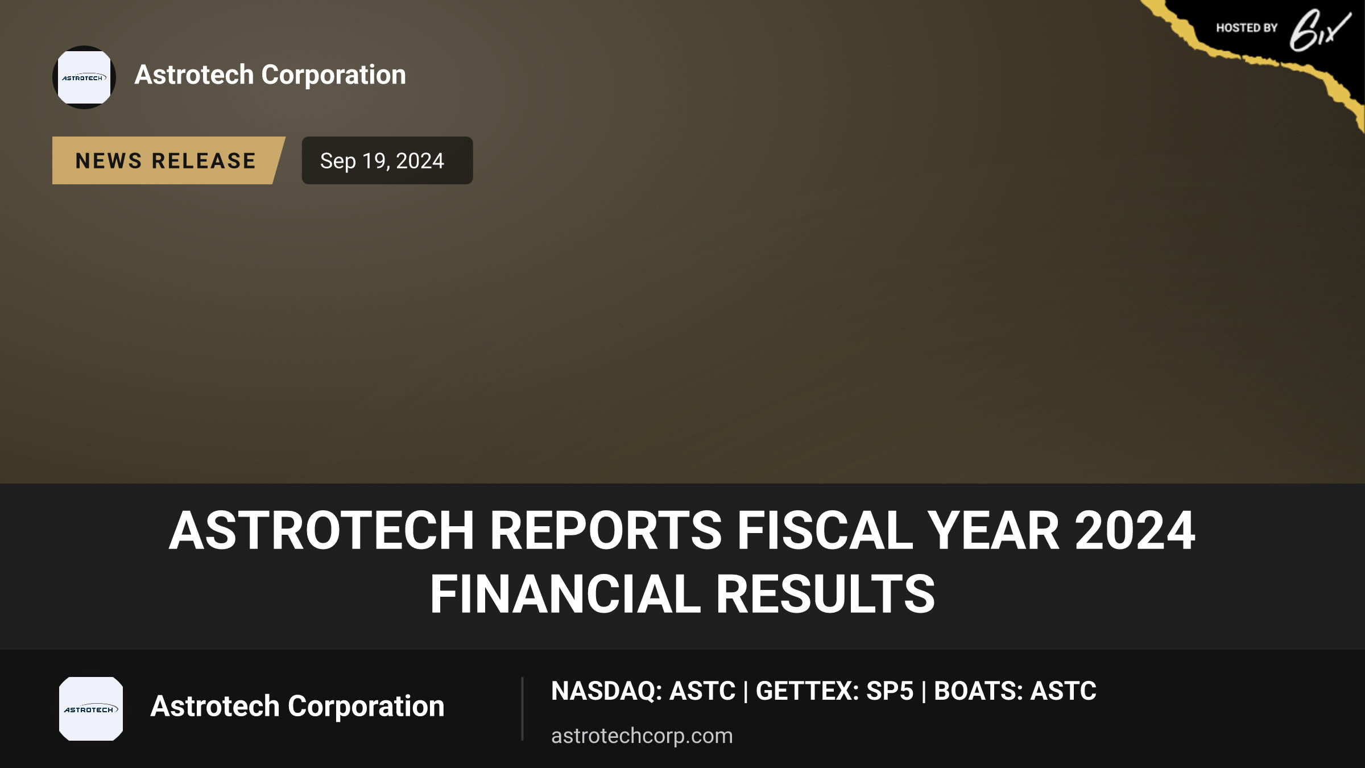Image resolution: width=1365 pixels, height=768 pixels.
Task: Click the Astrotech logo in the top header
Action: [84, 77]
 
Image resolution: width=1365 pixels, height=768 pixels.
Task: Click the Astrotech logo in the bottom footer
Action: [91, 709]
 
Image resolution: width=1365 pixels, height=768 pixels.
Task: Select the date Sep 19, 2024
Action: [382, 161]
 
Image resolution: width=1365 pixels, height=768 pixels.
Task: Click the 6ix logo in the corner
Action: [1320, 30]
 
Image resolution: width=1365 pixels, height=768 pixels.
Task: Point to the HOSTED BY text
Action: [1247, 28]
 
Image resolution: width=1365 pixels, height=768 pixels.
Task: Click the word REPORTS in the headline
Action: [606, 530]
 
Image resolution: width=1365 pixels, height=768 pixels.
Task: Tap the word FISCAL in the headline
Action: [825, 530]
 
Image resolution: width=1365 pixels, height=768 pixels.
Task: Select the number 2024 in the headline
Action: [1135, 530]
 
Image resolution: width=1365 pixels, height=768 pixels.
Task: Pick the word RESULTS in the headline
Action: [825, 594]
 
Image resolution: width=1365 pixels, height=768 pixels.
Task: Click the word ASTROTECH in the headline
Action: [322, 530]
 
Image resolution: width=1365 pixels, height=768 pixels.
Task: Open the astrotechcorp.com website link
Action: [642, 736]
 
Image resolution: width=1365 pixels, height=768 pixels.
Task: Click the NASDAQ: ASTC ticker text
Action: [643, 691]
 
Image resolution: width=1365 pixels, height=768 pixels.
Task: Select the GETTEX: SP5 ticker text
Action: [834, 691]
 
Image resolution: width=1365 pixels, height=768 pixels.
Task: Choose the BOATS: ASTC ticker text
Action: [1015, 691]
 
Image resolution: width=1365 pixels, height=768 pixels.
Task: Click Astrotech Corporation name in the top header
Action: [270, 75]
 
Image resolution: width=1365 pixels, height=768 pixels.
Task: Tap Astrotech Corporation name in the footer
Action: [297, 707]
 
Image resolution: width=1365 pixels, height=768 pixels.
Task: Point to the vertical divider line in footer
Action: [522, 709]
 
